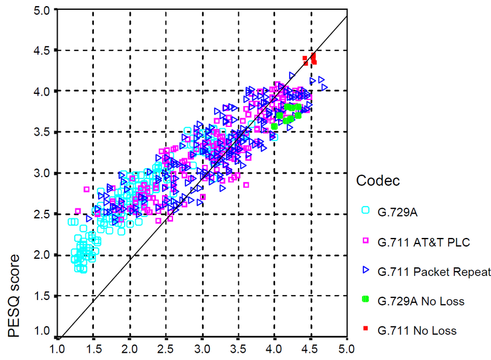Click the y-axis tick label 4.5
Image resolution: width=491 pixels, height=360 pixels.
click(42, 50)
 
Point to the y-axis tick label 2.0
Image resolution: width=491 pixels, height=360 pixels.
click(42, 255)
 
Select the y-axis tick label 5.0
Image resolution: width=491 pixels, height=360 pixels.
click(42, 9)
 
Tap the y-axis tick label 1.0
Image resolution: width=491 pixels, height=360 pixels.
click(42, 331)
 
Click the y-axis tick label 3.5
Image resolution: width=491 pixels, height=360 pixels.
click(42, 132)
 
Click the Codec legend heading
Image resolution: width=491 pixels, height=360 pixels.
click(378, 182)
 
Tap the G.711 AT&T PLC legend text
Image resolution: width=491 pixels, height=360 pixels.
click(424, 242)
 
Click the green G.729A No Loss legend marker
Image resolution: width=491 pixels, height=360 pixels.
click(366, 300)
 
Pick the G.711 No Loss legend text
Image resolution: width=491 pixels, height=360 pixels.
click(418, 331)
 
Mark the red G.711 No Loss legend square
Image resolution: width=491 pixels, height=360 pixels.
click(366, 329)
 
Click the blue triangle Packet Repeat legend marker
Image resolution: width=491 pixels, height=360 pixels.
click(366, 271)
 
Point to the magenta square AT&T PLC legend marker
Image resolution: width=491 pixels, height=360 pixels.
click(366, 242)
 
